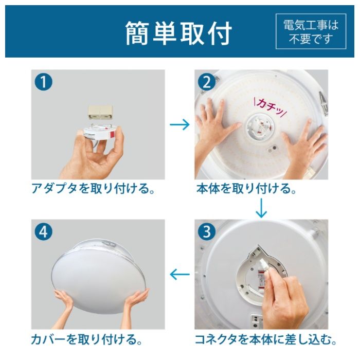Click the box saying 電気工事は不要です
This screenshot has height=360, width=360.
(x=311, y=32)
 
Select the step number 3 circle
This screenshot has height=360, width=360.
(x=207, y=232)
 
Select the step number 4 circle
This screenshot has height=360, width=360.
(x=44, y=232)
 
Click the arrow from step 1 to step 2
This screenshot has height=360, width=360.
(x=179, y=125)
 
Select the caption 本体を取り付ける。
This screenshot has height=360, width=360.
(x=246, y=189)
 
